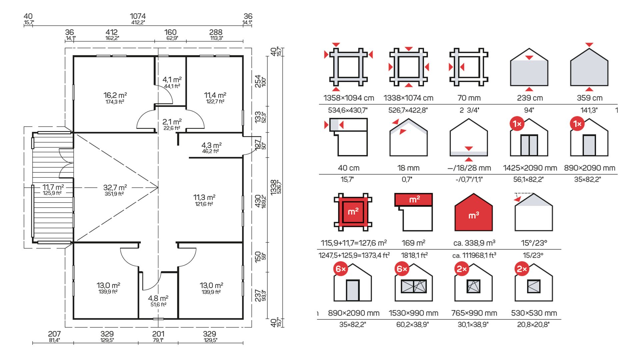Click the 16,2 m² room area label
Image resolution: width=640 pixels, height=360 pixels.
(x=115, y=95)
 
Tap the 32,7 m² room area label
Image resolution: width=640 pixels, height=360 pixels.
(x=115, y=187)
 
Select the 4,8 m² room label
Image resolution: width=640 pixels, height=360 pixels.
(x=158, y=298)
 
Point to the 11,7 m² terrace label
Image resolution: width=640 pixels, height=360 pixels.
(x=53, y=187)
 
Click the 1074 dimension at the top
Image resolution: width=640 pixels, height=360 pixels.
(x=138, y=16)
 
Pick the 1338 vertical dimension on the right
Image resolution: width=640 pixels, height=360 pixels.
(x=274, y=187)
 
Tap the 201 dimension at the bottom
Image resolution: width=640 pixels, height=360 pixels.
(x=158, y=334)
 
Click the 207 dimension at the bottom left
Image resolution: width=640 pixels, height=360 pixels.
(x=54, y=334)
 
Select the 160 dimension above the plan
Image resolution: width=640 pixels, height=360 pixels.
(x=170, y=32)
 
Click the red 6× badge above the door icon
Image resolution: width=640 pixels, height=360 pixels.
(x=341, y=269)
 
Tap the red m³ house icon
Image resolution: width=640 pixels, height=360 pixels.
(x=473, y=212)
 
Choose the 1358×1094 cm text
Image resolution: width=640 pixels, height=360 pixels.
(x=349, y=98)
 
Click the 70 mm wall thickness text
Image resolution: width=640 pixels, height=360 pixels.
(x=469, y=98)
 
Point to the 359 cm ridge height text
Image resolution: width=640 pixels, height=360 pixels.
(x=589, y=98)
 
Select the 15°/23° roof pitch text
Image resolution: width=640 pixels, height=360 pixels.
(x=534, y=243)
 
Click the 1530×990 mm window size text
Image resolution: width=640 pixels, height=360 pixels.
(x=413, y=313)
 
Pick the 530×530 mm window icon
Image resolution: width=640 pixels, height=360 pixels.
(x=534, y=283)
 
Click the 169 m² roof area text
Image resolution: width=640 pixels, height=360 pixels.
(x=413, y=243)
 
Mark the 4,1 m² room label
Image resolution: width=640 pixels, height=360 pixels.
(x=172, y=80)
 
